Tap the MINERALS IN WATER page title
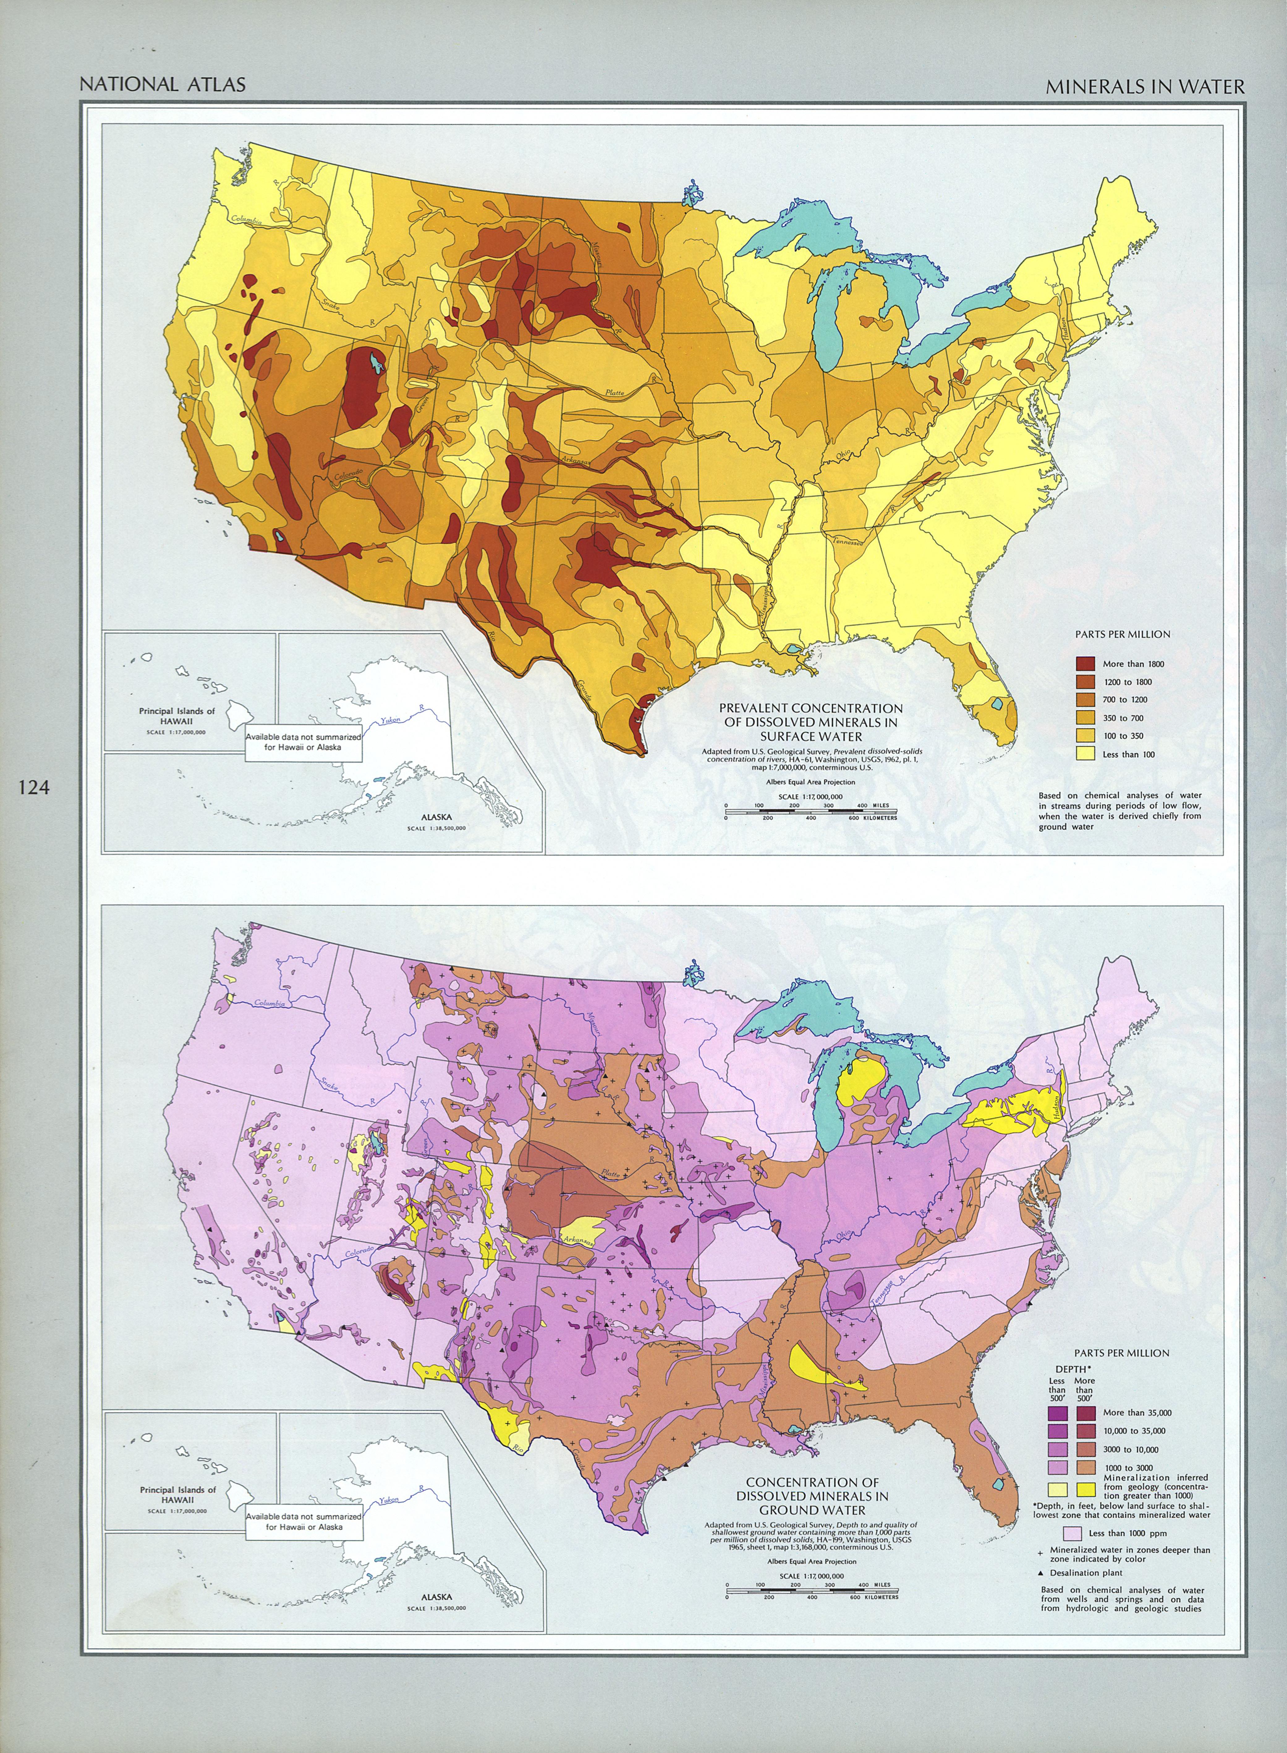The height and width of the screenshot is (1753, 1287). [1145, 87]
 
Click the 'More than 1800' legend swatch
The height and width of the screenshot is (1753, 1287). [1085, 664]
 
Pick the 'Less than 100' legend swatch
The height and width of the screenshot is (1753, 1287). [1085, 753]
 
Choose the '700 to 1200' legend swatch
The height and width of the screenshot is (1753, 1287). [1085, 700]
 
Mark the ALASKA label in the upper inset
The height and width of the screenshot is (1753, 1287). [436, 817]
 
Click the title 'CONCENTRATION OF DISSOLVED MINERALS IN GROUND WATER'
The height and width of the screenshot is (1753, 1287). [813, 1496]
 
